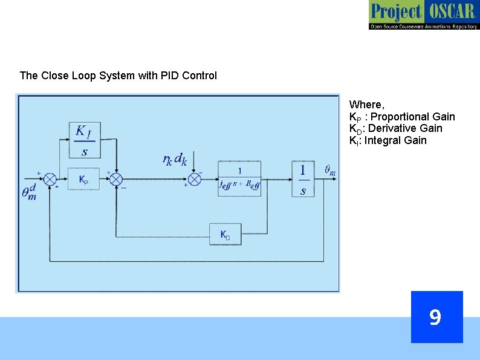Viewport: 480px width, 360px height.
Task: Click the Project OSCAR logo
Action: click(x=424, y=15)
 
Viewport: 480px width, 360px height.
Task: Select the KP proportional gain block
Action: click(x=83, y=179)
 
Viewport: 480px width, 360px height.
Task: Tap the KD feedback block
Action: click(x=225, y=234)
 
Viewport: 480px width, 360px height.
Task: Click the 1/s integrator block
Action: click(x=303, y=178)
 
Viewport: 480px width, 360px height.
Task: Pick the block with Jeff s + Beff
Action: click(x=239, y=178)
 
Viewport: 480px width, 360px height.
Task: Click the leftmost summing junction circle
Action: click(x=50, y=179)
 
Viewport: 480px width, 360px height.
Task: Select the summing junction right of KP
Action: click(x=116, y=179)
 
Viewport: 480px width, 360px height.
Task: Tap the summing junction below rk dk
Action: click(x=195, y=179)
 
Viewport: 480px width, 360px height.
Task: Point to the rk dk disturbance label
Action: click(x=175, y=159)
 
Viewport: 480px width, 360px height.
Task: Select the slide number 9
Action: click(x=435, y=317)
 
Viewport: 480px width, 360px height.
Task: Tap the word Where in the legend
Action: click(x=367, y=105)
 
